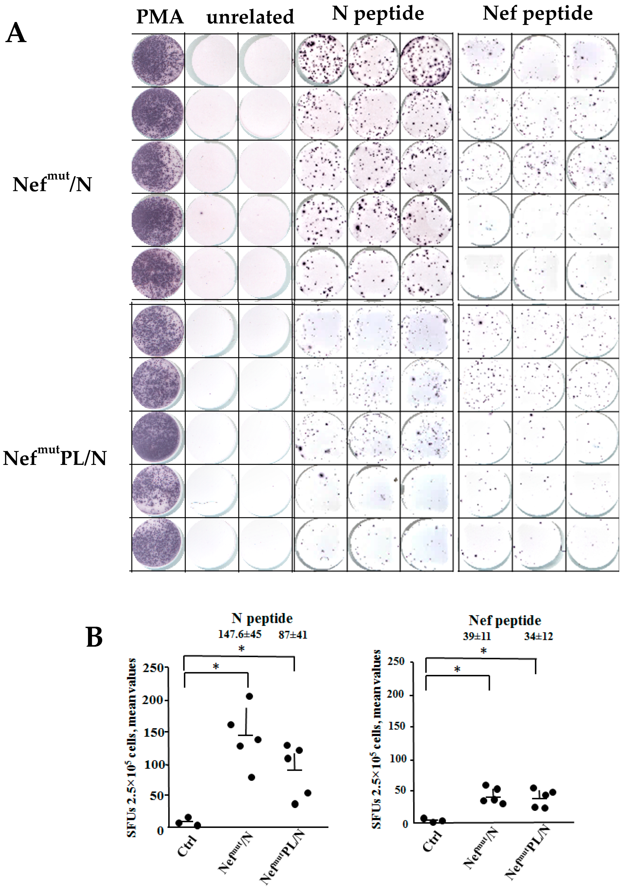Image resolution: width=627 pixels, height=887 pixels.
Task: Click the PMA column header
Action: click(160, 17)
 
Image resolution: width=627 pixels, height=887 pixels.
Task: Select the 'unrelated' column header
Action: click(250, 17)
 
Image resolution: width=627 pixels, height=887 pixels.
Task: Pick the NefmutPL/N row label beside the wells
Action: click(54, 458)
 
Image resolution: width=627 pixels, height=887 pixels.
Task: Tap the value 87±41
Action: click(293, 635)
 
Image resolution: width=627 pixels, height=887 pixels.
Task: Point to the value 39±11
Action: click(477, 636)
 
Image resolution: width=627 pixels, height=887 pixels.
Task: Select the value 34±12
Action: click(538, 636)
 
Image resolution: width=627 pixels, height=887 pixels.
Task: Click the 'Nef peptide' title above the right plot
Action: click(504, 620)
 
